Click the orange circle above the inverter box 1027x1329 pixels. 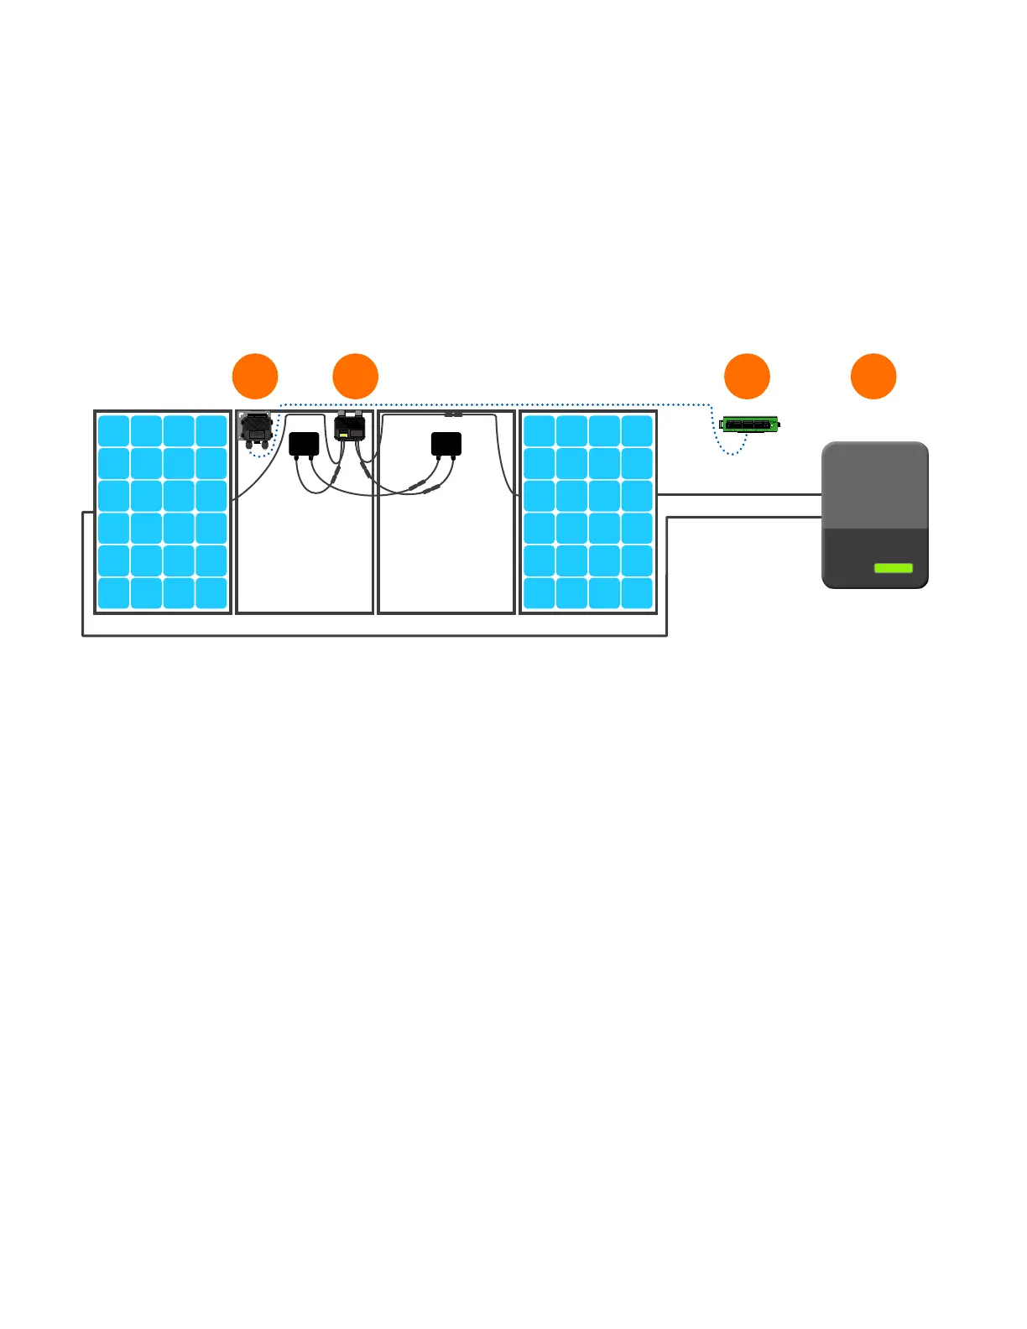(x=873, y=376)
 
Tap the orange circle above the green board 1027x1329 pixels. (x=747, y=376)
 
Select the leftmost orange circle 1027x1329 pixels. (x=255, y=376)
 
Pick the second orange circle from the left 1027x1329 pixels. (x=355, y=376)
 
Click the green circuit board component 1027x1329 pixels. (x=749, y=425)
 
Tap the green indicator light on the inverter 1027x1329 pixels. (x=893, y=568)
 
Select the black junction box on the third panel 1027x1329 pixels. (x=446, y=444)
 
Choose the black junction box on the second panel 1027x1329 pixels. (x=304, y=444)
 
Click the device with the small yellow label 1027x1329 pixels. (x=350, y=428)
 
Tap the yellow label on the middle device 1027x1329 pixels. (x=344, y=435)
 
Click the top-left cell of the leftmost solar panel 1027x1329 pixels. (x=113, y=430)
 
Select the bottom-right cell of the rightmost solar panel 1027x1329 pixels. (x=637, y=592)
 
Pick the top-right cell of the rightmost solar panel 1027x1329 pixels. (x=637, y=430)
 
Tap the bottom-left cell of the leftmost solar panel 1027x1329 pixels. (x=113, y=592)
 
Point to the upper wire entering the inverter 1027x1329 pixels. (x=738, y=495)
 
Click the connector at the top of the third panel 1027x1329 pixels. (x=453, y=414)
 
